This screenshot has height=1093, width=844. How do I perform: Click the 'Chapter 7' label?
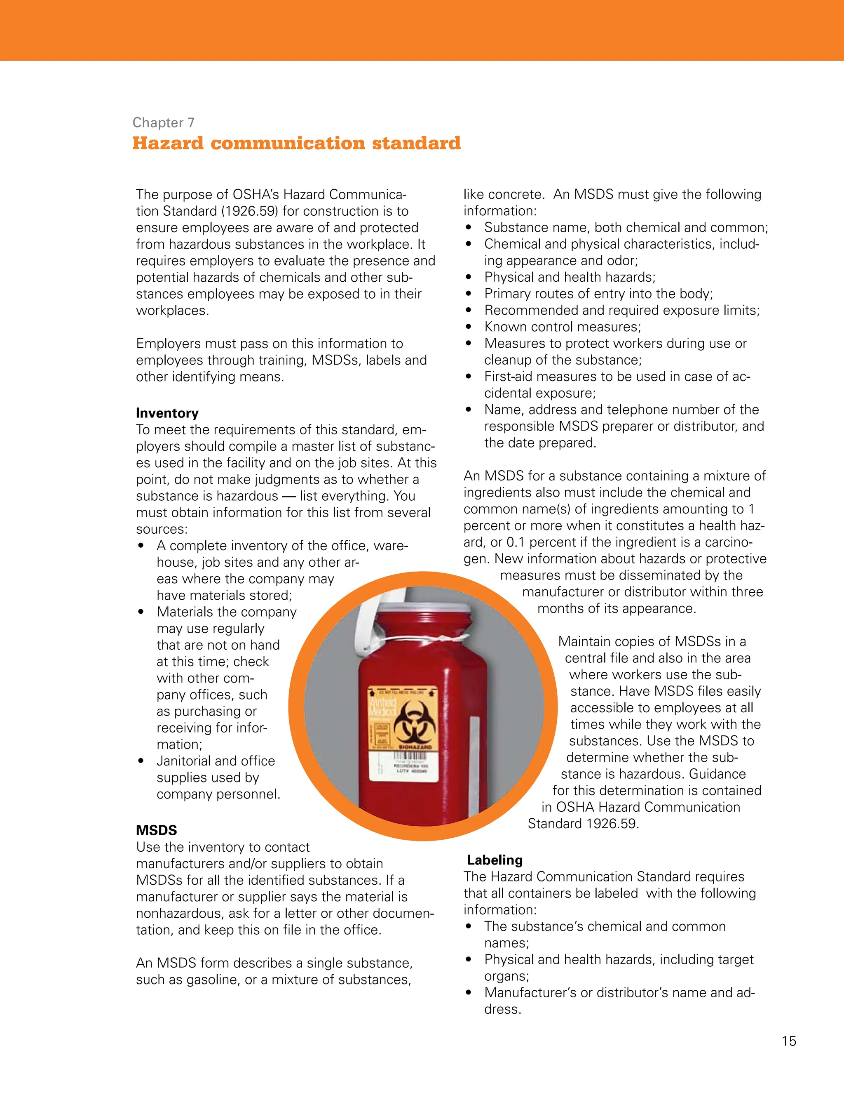163,122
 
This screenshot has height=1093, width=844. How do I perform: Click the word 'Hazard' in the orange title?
168,143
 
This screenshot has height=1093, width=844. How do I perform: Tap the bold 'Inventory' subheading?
167,413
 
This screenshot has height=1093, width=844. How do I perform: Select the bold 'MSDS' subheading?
157,830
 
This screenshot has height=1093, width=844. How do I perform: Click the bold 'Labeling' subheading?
495,860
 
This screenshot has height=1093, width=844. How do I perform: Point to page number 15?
788,1041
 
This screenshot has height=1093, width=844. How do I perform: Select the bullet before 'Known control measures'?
469,327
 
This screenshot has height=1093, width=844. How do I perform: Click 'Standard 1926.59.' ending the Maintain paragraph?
583,823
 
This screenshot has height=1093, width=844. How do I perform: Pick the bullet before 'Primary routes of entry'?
469,294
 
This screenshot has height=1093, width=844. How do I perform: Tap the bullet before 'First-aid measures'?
469,376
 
